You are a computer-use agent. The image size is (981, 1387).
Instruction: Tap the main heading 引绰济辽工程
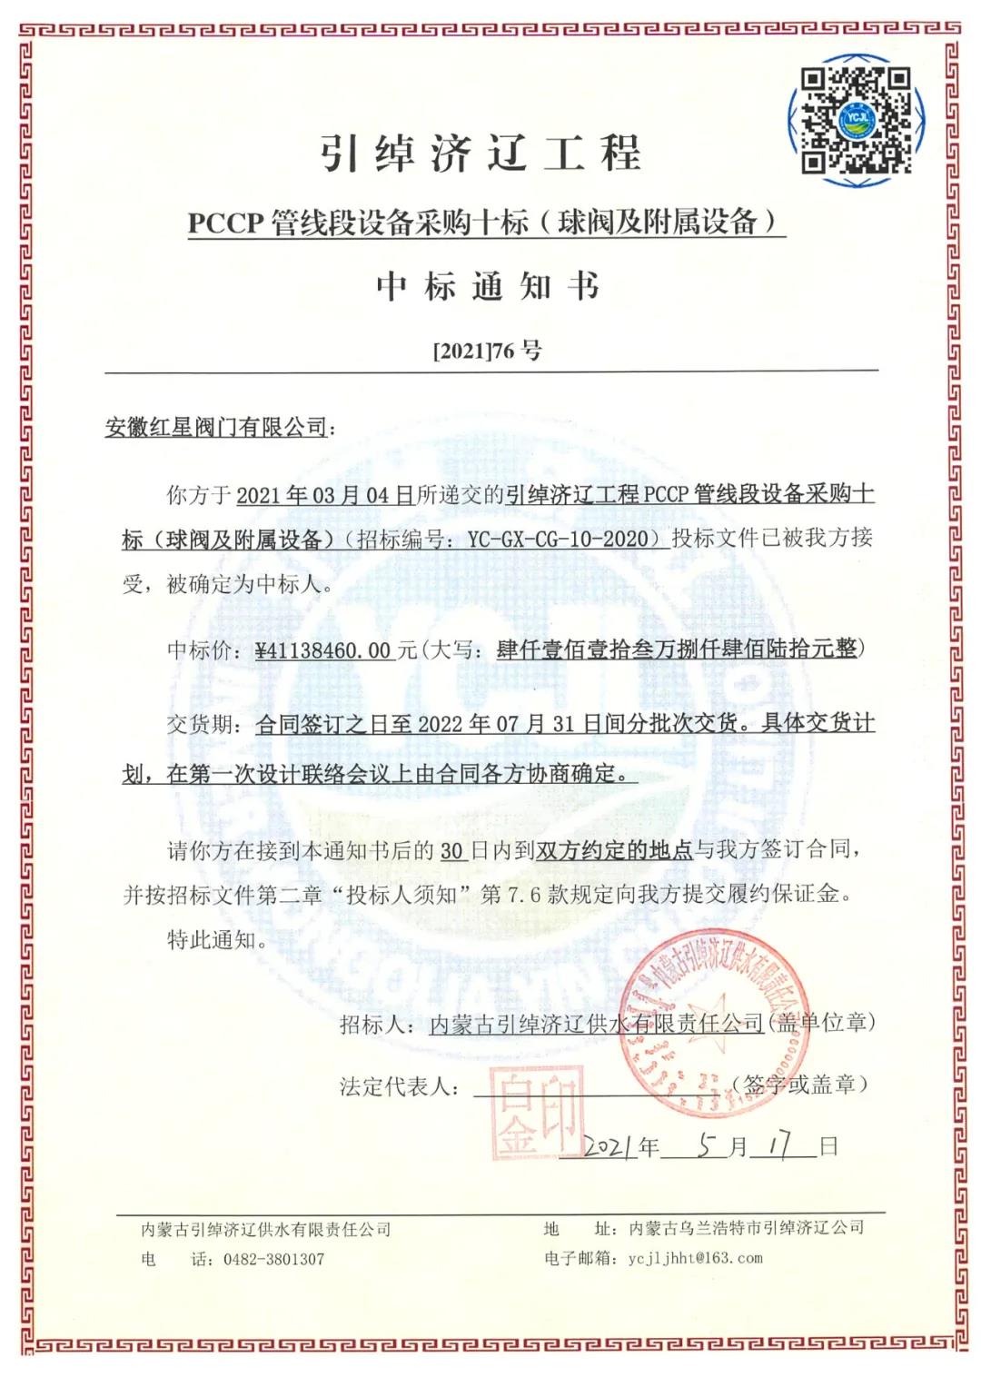point(481,152)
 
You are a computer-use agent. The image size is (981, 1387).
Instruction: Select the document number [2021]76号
point(487,351)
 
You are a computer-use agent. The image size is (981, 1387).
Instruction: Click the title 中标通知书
point(489,286)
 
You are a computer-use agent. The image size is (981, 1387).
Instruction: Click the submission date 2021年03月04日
point(324,495)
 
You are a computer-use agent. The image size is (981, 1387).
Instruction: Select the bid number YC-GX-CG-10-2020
point(563,539)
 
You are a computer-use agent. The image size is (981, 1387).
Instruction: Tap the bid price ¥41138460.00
point(323,649)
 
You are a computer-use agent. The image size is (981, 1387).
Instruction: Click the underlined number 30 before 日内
point(452,850)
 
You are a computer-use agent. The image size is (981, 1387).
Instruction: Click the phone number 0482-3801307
point(273,1259)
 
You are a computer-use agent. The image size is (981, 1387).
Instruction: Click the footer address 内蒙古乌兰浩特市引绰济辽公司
point(746,1229)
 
